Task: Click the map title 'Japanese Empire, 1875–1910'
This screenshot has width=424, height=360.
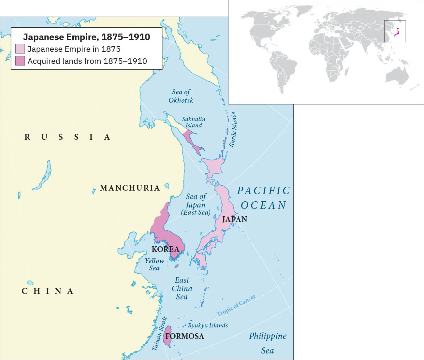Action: click(86, 37)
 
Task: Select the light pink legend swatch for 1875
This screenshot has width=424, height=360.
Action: click(20, 49)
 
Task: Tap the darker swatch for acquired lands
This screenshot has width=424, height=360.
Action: click(20, 61)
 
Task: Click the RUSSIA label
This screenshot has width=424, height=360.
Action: click(67, 137)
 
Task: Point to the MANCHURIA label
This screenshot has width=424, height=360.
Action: click(130, 188)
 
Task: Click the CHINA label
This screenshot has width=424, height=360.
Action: click(47, 291)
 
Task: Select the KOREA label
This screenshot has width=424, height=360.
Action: click(166, 249)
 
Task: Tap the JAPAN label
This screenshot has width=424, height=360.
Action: click(235, 219)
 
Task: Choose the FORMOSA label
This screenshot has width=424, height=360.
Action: click(184, 336)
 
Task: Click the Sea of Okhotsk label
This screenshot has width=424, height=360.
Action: click(181, 96)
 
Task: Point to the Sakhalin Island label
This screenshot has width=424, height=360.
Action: click(194, 122)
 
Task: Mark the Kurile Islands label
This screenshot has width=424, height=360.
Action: click(233, 130)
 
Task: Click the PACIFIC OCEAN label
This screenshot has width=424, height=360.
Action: click(263, 198)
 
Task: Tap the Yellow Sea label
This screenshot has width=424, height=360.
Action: click(154, 265)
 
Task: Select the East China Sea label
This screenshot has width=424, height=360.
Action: click(182, 288)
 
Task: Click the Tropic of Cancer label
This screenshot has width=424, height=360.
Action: click(236, 306)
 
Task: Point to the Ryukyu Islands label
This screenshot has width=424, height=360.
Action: click(208, 325)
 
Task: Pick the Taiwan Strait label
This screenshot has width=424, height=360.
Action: click(159, 334)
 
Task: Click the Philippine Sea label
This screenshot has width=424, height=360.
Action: click(268, 343)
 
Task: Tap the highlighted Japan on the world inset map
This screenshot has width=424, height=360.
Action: click(397, 32)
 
